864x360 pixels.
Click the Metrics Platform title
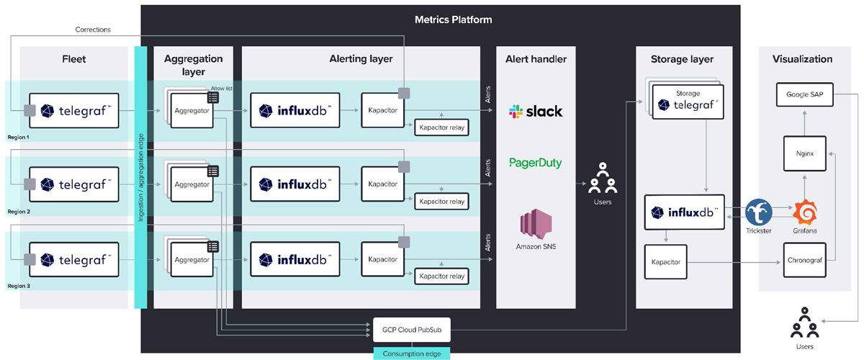453,19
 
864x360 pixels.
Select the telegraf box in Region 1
73,110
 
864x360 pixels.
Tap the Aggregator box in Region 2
192,185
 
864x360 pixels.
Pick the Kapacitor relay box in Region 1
441,127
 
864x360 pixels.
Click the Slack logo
536,112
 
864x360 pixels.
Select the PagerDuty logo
536,163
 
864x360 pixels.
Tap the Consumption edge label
411,353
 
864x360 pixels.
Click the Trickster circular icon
759,212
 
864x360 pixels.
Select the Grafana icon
805,213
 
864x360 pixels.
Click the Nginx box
804,153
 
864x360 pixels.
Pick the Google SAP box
804,94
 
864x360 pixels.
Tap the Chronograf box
804,260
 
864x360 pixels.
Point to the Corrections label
93,30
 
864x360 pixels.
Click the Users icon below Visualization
804,326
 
